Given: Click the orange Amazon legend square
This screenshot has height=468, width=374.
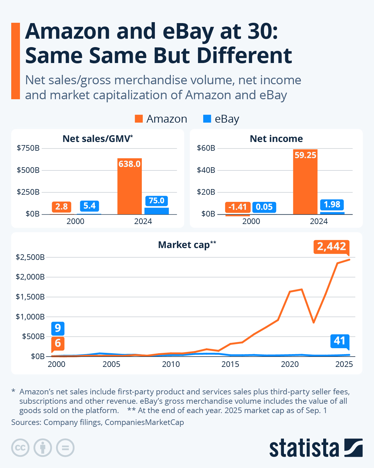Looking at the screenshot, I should (139, 119).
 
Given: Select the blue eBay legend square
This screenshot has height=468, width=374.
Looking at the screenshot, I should (207, 119).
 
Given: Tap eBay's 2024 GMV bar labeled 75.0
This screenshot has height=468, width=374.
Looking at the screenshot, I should (156, 211).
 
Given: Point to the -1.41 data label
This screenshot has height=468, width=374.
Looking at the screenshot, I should (237, 207).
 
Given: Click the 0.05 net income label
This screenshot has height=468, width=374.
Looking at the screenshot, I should (264, 207).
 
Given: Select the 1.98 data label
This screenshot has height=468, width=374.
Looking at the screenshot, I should (332, 205).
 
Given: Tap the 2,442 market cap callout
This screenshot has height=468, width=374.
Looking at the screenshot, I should (331, 246).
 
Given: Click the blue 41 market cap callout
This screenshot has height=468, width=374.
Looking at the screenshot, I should (339, 341).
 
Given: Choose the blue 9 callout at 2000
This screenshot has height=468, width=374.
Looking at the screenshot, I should (58, 328).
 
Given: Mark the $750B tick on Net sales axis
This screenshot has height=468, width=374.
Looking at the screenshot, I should (28, 148).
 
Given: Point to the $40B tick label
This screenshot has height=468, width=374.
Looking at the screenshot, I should (206, 170).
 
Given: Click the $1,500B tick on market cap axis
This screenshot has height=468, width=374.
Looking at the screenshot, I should (30, 297).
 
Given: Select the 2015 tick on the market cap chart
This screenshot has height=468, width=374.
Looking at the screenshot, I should (230, 364).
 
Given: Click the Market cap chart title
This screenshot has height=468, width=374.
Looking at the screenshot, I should (187, 245).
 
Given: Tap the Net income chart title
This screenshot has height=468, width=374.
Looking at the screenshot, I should (276, 139).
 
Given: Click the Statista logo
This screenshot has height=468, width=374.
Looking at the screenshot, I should (316, 448).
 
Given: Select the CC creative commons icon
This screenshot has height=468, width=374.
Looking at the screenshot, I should (20, 448).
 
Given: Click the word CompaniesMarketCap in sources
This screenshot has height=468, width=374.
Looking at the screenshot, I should (144, 422).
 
